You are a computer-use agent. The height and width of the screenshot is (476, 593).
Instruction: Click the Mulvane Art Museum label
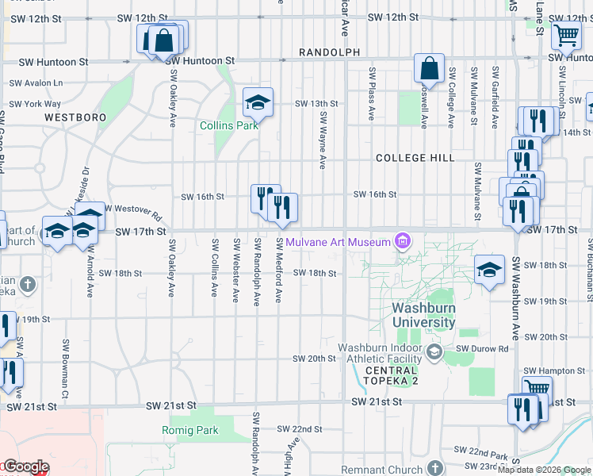[x=339, y=241]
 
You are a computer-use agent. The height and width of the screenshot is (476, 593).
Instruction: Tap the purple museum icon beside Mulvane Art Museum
[x=402, y=240]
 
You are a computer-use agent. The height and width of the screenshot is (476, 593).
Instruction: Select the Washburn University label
[x=424, y=315]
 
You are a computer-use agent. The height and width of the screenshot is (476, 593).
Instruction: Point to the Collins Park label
[x=229, y=125]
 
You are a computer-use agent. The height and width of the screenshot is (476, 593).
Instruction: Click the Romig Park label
[x=195, y=431]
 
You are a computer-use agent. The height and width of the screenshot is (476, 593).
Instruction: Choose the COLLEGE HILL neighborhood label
[x=415, y=158]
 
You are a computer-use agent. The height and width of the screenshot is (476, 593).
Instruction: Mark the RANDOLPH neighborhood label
[x=329, y=52]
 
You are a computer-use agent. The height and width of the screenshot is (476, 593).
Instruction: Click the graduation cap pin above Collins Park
[x=257, y=102]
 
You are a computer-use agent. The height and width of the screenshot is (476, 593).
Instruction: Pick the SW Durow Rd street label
[x=481, y=348]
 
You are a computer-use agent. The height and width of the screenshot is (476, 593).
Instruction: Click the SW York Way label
[x=35, y=104]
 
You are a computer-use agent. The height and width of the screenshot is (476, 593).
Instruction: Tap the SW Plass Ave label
[x=371, y=94]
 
